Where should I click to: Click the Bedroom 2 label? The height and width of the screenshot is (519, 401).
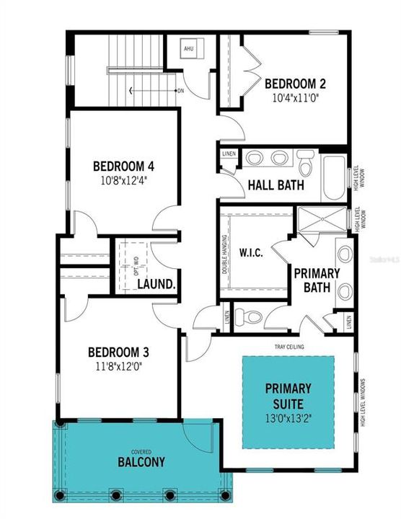295,82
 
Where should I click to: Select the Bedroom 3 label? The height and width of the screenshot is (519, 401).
118,352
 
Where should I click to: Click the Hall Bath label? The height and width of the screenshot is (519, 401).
276,185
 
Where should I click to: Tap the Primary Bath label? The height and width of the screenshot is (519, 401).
316,280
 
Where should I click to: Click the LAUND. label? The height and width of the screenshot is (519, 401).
157,285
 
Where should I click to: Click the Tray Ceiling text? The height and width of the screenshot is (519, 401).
288,347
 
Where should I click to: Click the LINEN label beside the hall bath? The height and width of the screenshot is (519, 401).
229,154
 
